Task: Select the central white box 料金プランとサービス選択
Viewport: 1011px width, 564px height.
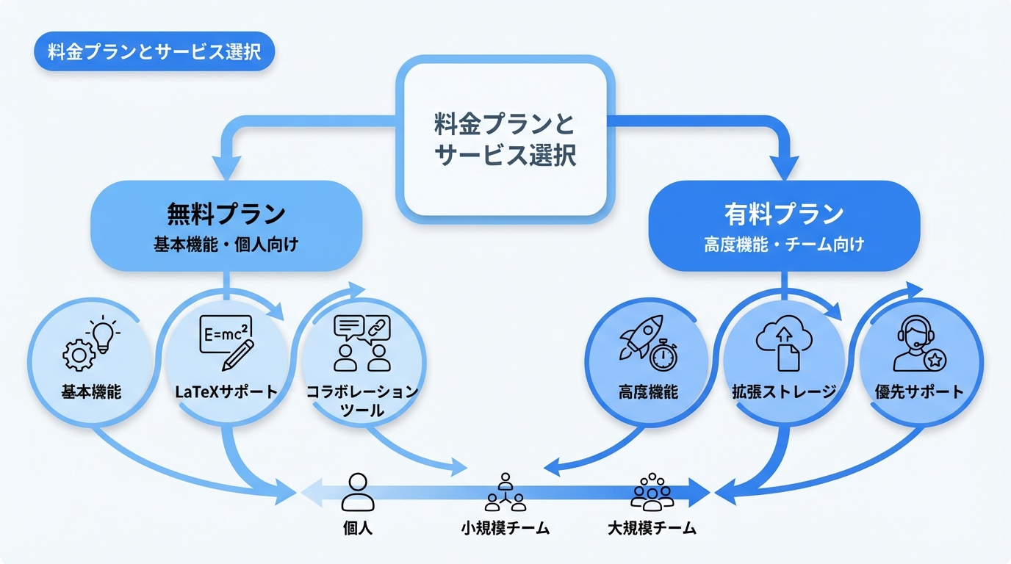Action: (505, 139)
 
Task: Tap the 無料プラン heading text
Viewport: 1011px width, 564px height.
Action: (226, 214)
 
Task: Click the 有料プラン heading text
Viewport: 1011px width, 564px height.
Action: (784, 214)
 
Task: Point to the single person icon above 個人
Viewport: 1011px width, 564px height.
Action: (358, 492)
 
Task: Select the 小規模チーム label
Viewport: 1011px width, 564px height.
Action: (505, 528)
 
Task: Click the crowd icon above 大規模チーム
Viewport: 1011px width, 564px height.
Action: (652, 491)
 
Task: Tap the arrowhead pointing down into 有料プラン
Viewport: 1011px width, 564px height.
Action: (784, 167)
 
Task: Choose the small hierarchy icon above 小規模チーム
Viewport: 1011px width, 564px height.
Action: (505, 492)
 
